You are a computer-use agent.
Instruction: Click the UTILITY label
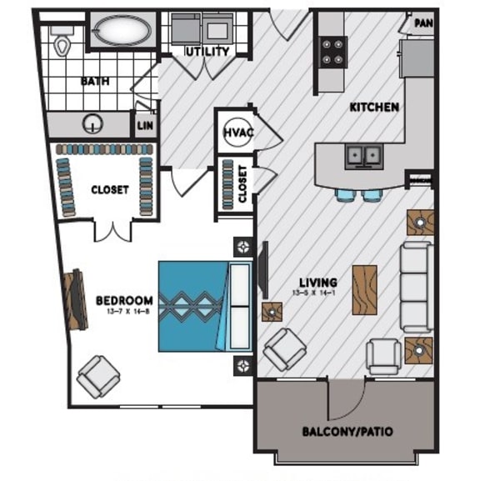[207, 52]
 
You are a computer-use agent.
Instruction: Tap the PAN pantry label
[422, 23]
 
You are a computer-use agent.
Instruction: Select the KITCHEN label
[373, 108]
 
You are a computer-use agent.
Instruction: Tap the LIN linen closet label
[143, 127]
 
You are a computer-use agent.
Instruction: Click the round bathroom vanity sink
[91, 125]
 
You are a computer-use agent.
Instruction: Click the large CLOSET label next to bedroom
[109, 190]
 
